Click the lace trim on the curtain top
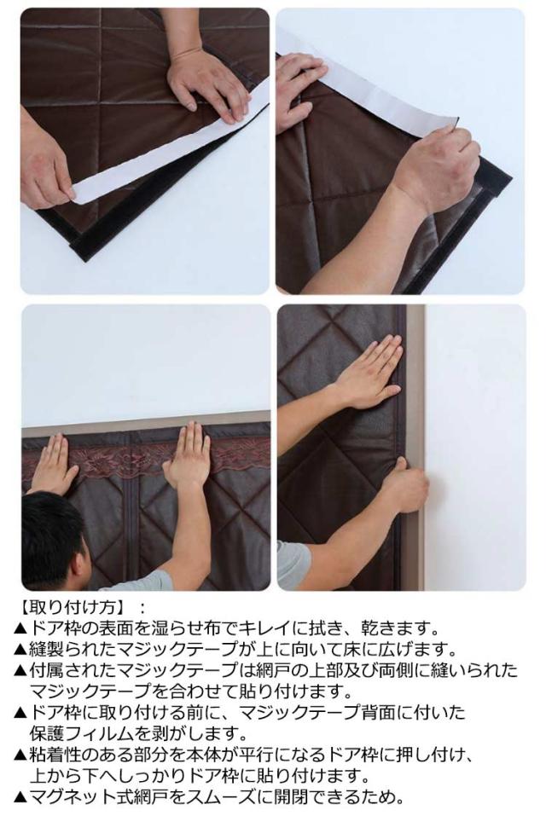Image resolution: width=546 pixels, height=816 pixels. coord(146,458)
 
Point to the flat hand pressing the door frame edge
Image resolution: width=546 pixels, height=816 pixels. coord(372,372)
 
